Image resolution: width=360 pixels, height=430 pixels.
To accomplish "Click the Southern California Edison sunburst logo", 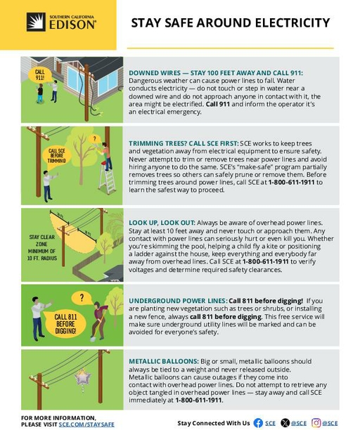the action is coord(36,22).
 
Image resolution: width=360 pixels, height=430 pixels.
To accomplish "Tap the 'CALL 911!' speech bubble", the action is coord(40,75).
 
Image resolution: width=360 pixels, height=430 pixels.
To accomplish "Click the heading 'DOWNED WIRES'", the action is coord(155,73).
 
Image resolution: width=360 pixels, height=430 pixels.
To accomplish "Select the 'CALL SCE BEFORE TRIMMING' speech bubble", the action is coord(56,156).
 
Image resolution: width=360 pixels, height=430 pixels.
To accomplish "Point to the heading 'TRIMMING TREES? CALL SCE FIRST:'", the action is coord(184,143).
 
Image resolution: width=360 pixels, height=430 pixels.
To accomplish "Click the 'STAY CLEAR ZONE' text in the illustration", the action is coord(42,240).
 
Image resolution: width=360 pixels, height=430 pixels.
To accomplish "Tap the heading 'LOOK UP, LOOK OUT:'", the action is coord(162,223).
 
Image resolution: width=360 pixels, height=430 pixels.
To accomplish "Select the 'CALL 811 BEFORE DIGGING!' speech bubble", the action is coord(65,324).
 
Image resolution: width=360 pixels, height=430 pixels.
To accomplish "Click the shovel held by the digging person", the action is coord(97,327).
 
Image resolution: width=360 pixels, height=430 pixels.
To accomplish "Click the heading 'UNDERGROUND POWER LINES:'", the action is coord(178,301).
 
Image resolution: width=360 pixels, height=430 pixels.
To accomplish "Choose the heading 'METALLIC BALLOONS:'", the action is coord(164,361).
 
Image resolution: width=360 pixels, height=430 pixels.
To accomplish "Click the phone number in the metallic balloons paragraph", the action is coord(198,400).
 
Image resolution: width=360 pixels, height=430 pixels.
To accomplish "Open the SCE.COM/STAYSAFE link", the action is coord(86,424).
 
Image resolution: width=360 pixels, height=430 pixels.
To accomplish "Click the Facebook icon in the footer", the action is coord(258,423).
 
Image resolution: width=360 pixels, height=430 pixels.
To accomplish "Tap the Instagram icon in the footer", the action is coord(316,423).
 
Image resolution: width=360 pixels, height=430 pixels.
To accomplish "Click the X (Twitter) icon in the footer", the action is coord(285,423).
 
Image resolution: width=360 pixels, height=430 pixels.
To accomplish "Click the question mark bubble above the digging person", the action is coord(82,298).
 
